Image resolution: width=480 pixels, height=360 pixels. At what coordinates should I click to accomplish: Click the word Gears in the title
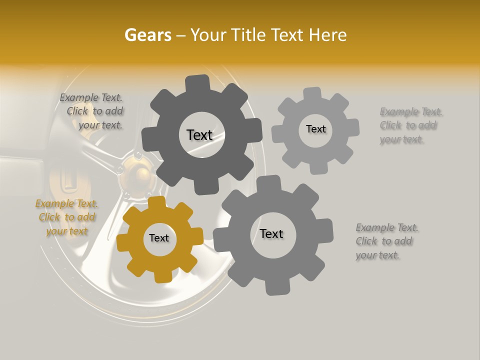pyautogui.click(x=147, y=35)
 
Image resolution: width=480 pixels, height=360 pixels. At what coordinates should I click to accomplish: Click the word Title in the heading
pyautogui.click(x=250, y=35)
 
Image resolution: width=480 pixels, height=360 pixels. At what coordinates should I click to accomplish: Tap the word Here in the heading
pyautogui.click(x=328, y=35)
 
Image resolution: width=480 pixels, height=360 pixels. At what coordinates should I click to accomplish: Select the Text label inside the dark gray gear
pyautogui.click(x=199, y=135)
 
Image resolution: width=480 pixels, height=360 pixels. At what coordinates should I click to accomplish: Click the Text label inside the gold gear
pyautogui.click(x=159, y=238)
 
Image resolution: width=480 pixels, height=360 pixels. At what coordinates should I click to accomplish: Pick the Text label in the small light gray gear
pyautogui.click(x=315, y=129)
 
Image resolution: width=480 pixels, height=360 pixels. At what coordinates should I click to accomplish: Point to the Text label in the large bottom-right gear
pyautogui.click(x=271, y=233)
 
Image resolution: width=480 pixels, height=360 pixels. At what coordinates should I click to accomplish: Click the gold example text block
pyautogui.click(x=66, y=217)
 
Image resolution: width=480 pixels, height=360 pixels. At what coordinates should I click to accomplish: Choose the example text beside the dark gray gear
pyautogui.click(x=93, y=111)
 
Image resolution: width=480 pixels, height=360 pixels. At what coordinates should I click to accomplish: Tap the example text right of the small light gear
pyautogui.click(x=410, y=125)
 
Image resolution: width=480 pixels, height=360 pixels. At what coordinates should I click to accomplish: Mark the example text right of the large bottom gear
pyautogui.click(x=386, y=241)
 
